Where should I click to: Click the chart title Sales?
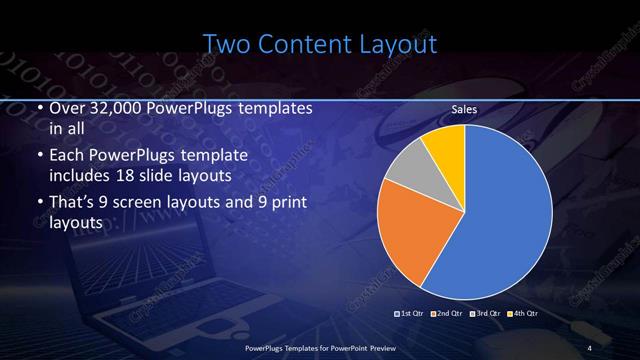464,109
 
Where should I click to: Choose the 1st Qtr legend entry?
409,313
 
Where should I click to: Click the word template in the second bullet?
239,156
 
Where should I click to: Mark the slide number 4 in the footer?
590,347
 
